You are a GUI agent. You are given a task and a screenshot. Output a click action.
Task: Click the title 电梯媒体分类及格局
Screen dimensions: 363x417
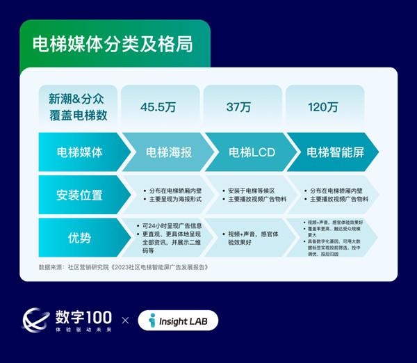(x=113, y=42)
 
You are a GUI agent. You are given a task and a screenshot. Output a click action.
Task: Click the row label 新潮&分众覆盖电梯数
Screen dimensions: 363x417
(x=74, y=106)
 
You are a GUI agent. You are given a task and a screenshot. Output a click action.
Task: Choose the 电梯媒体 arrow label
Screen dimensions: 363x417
(x=79, y=152)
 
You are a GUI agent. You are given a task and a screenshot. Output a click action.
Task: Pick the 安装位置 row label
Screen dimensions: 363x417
(x=79, y=195)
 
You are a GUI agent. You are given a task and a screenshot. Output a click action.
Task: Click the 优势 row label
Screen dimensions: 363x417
(x=79, y=238)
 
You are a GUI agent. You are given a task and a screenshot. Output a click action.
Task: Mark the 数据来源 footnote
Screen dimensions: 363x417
(x=123, y=267)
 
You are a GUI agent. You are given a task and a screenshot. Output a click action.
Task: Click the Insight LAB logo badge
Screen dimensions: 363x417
(x=178, y=320)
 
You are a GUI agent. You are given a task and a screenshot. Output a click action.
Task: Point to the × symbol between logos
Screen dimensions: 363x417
(x=125, y=321)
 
